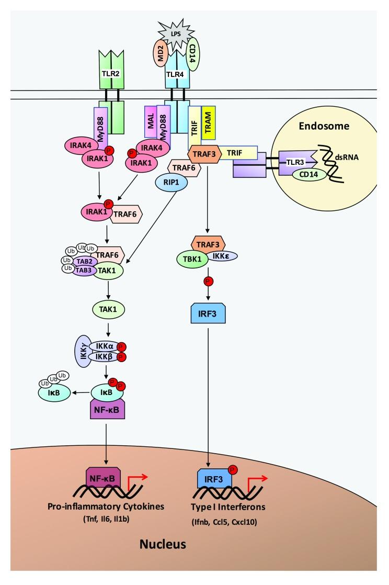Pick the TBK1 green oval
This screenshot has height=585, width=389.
click(x=198, y=262)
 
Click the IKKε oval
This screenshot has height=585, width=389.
click(x=223, y=256)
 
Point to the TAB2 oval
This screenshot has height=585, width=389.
click(x=83, y=260)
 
